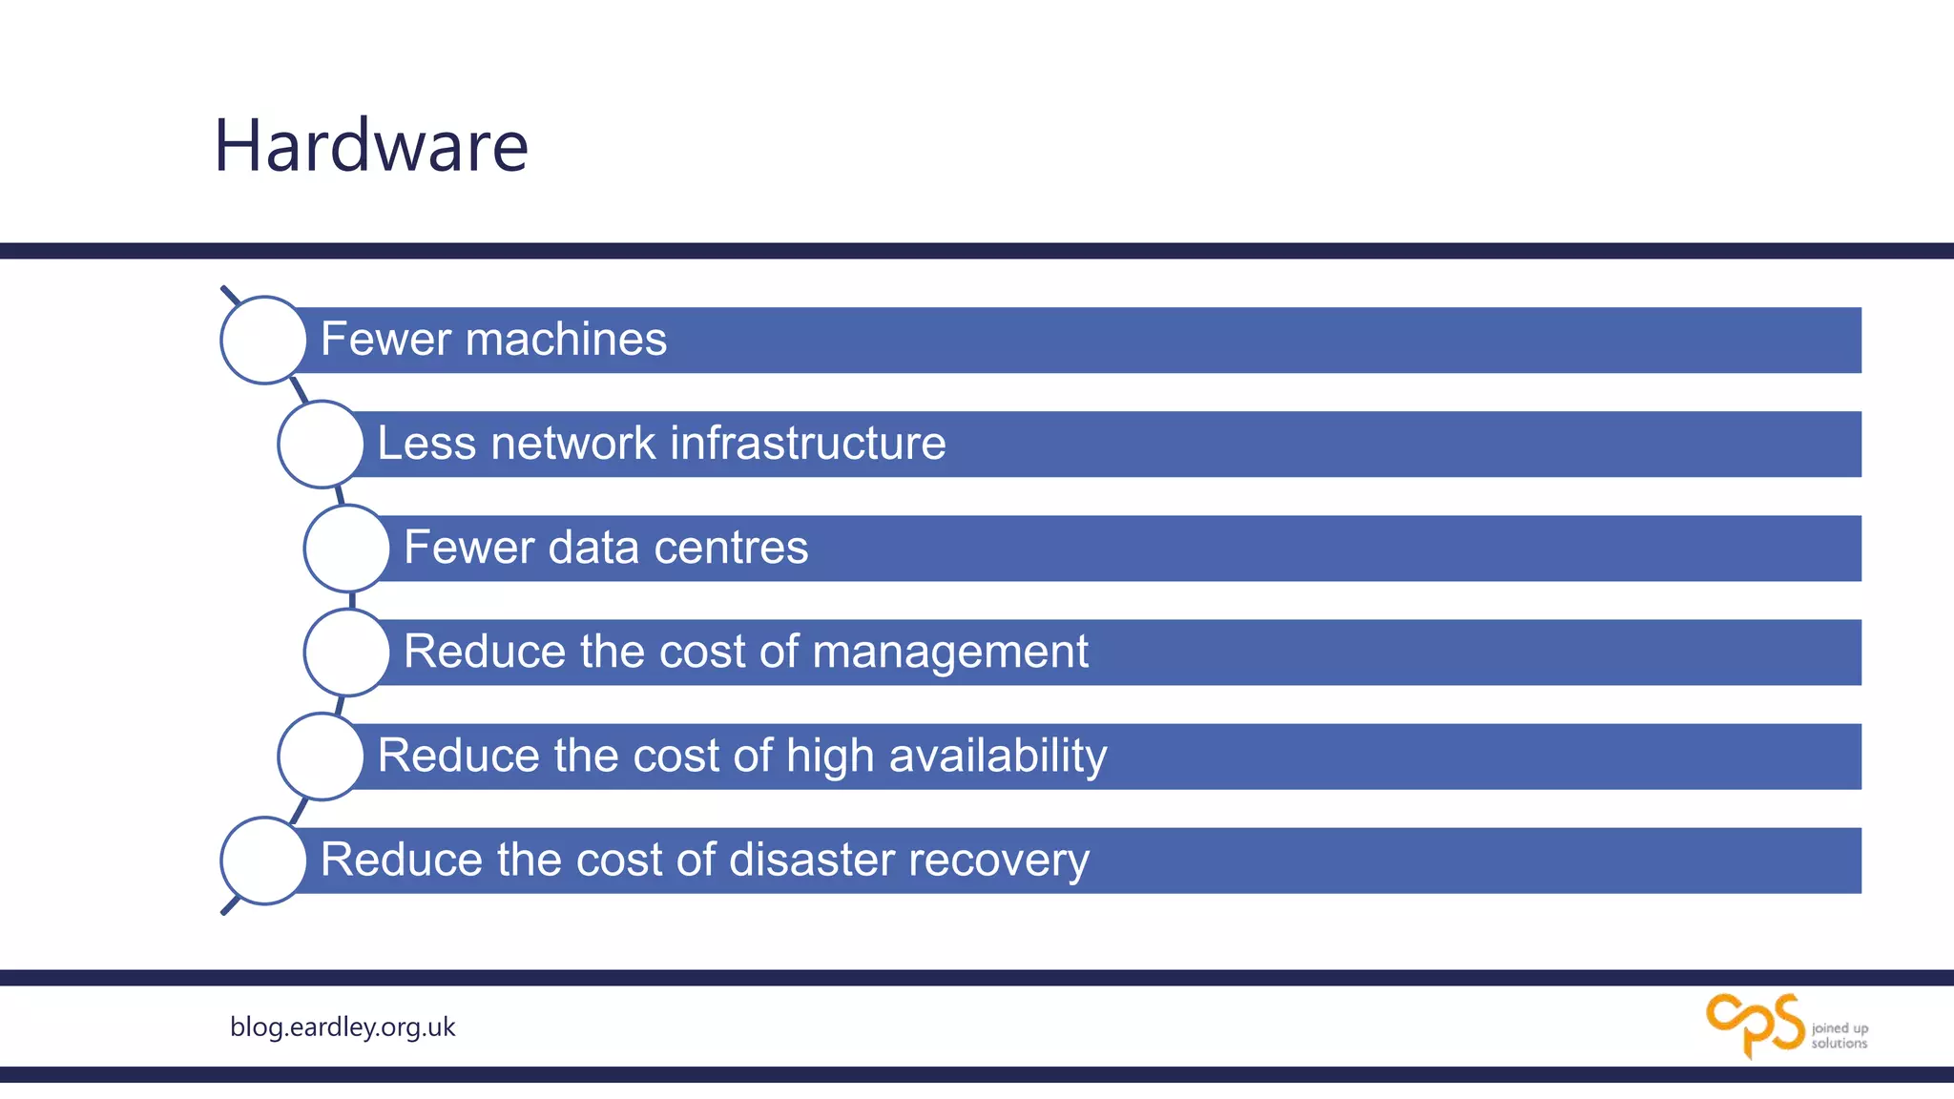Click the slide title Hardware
[371, 146]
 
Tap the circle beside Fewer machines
[263, 340]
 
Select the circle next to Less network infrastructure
[321, 444]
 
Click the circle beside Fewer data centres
[346, 548]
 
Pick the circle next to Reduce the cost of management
[346, 652]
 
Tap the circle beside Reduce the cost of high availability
[321, 756]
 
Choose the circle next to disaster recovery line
[263, 860]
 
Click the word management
[950, 653]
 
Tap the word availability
[998, 757]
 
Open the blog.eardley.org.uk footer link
[343, 1027]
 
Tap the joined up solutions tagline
[1840, 1036]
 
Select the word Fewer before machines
[385, 340]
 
